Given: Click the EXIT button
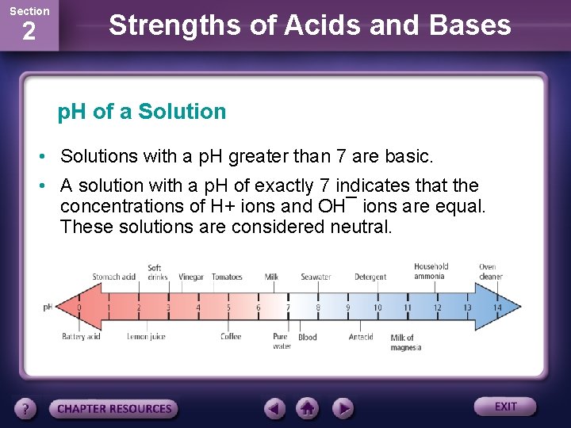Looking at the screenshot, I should click(x=505, y=407).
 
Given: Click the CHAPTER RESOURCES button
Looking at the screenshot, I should click(x=114, y=409).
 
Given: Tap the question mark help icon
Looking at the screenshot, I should click(x=26, y=409).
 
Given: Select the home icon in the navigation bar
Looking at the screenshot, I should click(x=308, y=409).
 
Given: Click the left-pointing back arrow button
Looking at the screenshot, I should click(x=274, y=409).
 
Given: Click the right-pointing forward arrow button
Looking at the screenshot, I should click(x=342, y=409).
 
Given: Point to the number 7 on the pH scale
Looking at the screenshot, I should click(x=288, y=308).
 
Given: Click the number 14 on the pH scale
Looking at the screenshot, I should click(x=498, y=308).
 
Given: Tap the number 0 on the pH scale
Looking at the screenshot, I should click(x=79, y=308).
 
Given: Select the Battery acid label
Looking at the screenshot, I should click(x=81, y=337).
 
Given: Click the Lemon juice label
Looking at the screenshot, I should click(x=146, y=337).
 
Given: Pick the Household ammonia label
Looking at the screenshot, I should click(x=431, y=272).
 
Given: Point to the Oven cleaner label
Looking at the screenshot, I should click(x=490, y=272).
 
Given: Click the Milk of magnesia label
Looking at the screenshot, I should click(x=405, y=342).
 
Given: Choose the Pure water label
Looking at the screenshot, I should click(x=281, y=342).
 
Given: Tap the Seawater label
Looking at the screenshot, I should click(x=316, y=277).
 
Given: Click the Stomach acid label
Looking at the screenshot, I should click(x=113, y=277).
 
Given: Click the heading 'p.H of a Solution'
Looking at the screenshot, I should click(x=142, y=112).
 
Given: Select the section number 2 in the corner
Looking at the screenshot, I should click(x=29, y=32).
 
